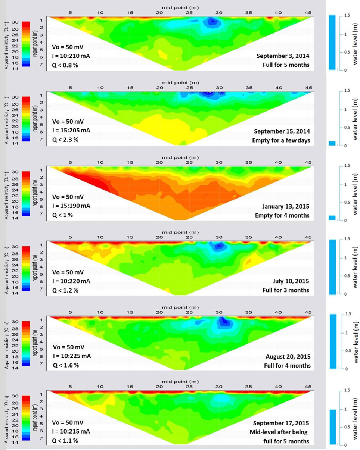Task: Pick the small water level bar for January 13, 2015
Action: [332, 218]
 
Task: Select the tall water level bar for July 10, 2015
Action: [333, 267]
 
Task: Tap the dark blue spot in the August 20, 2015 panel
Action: [224, 321]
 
